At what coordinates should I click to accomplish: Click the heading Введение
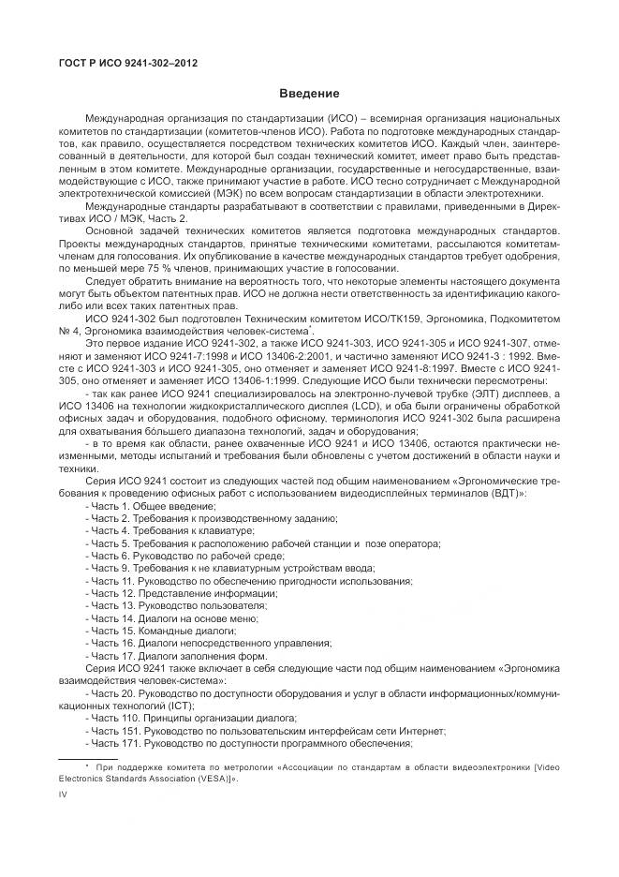coord(309,94)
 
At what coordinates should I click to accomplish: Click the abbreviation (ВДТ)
coord(508,493)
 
